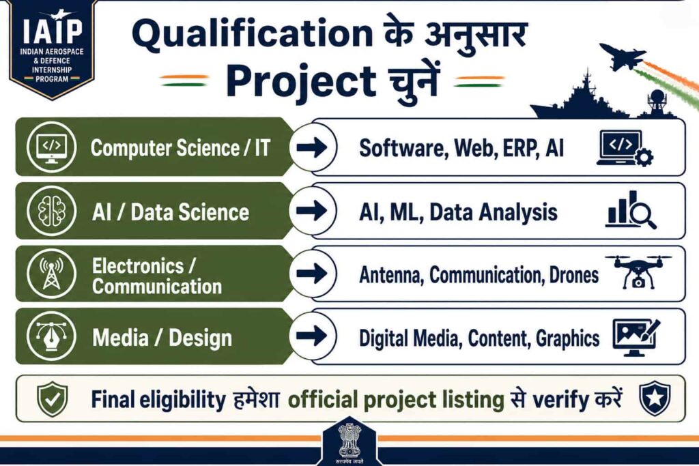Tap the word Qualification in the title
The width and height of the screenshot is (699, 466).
pos(253,35)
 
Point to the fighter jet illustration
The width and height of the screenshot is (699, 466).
pos(623,56)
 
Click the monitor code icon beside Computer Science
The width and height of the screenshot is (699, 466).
pos(51,147)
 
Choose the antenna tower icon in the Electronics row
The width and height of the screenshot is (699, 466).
pos(51,273)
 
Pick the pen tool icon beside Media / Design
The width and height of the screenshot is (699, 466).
pos(51,336)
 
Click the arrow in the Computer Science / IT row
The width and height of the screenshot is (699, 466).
pos(312,147)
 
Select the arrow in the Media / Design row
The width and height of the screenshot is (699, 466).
pos(312,336)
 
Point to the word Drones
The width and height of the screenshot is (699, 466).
pos(574,276)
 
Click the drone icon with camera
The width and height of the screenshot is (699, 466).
pos(638,272)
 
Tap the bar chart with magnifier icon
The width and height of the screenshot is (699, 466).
pos(630,210)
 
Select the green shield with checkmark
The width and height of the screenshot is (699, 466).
pos(53,398)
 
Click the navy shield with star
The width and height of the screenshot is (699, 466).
pos(655,398)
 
